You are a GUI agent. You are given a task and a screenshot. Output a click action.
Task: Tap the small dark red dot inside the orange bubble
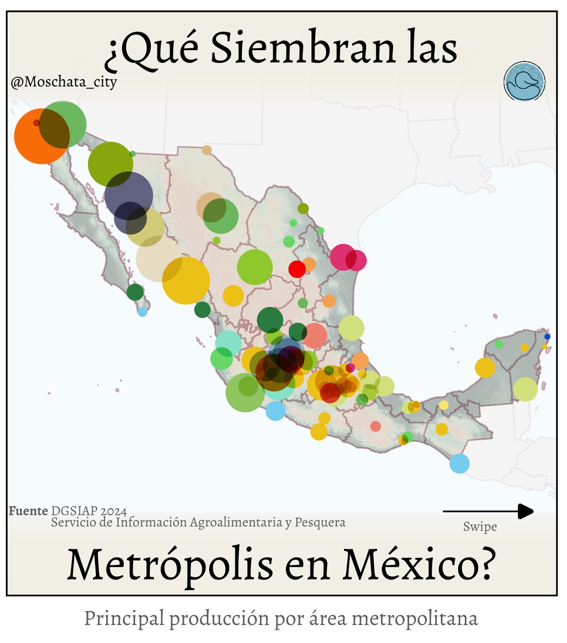(36, 123)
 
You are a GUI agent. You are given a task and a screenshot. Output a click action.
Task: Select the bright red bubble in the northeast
(297, 269)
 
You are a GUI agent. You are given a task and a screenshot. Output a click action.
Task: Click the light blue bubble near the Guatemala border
(459, 463)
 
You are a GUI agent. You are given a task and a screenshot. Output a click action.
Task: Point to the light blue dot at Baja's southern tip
(142, 312)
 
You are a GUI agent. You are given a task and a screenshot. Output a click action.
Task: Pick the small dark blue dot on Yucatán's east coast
(547, 337)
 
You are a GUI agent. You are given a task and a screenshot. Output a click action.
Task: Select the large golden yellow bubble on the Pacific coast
(186, 280)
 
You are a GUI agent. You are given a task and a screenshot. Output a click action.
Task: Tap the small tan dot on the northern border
(207, 150)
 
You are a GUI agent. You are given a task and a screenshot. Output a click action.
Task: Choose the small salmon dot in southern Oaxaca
(375, 426)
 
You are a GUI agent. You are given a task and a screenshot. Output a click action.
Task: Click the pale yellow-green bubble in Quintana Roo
(525, 389)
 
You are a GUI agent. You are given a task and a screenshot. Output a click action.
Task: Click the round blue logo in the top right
(524, 81)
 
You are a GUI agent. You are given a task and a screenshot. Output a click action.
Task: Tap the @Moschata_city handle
(64, 82)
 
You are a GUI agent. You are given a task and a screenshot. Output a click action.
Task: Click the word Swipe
(480, 527)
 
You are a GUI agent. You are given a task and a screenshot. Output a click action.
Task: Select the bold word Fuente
(28, 511)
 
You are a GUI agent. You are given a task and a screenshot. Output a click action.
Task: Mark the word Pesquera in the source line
(320, 522)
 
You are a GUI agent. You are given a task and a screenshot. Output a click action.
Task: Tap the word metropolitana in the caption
(415, 618)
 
